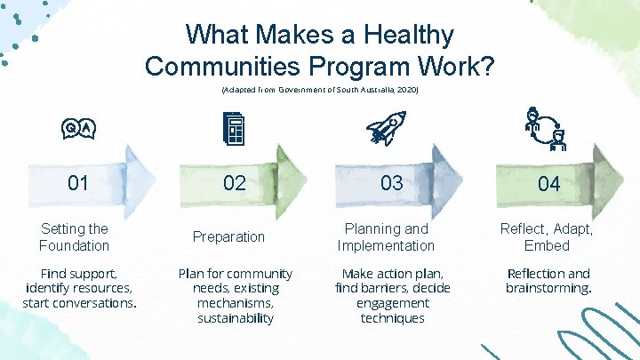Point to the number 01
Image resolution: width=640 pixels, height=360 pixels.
78,183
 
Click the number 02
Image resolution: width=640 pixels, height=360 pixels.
234,183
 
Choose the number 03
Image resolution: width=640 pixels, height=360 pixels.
391,183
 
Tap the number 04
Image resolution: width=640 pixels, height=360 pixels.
548,184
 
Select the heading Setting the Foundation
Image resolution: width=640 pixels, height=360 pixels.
75,236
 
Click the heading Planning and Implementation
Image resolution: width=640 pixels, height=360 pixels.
387,236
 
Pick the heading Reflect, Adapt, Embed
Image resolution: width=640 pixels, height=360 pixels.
547,236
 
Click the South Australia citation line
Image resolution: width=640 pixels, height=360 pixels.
319,91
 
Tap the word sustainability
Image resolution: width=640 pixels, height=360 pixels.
236,317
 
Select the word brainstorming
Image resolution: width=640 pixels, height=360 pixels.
548,288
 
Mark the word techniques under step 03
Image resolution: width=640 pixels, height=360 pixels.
392,317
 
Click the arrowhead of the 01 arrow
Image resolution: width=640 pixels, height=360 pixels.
140,179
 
